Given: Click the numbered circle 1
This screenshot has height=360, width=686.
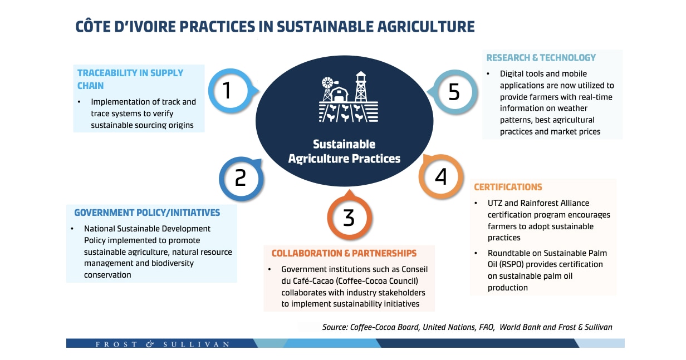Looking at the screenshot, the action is tap(231, 91).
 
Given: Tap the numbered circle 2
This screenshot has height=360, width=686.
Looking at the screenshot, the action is tap(241, 179).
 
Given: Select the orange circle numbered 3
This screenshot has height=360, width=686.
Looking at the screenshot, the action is tap(350, 217).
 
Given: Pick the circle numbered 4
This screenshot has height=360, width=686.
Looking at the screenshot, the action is tap(440, 176).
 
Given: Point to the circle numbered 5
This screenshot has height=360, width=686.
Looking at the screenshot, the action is tap(455, 92).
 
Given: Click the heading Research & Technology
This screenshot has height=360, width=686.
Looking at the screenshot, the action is tap(541, 57).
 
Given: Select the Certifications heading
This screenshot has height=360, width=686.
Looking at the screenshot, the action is tap(508, 187).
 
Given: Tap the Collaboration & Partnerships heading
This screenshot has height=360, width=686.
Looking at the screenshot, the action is tap(344, 253).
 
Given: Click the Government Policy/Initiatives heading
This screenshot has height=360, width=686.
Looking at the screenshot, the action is tap(147, 213).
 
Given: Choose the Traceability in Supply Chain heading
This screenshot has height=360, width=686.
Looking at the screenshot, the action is tap(130, 79).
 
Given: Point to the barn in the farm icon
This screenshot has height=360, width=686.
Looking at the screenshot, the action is tap(339, 94).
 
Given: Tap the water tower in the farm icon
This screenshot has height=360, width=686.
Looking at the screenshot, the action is tap(361, 86).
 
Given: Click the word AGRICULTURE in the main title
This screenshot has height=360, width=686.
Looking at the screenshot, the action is tap(426, 26).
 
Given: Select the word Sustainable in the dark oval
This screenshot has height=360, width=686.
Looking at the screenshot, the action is tap(344, 144).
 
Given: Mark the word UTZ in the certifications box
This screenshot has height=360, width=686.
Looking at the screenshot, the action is tap(494, 203).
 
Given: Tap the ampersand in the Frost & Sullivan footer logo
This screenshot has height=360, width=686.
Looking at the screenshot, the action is tap(150, 344).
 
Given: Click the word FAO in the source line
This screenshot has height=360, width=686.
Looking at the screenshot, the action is tap(487, 327).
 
